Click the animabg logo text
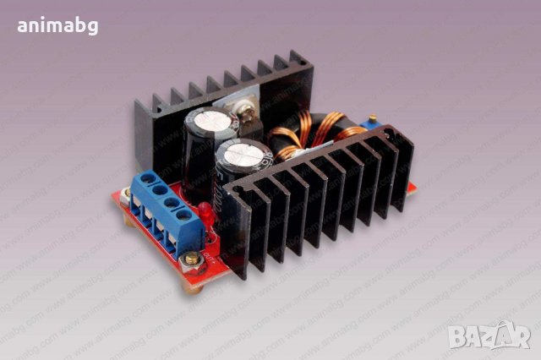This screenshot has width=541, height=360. [57, 25]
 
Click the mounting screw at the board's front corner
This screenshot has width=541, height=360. [194, 258]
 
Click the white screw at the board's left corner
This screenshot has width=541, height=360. [126, 196]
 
